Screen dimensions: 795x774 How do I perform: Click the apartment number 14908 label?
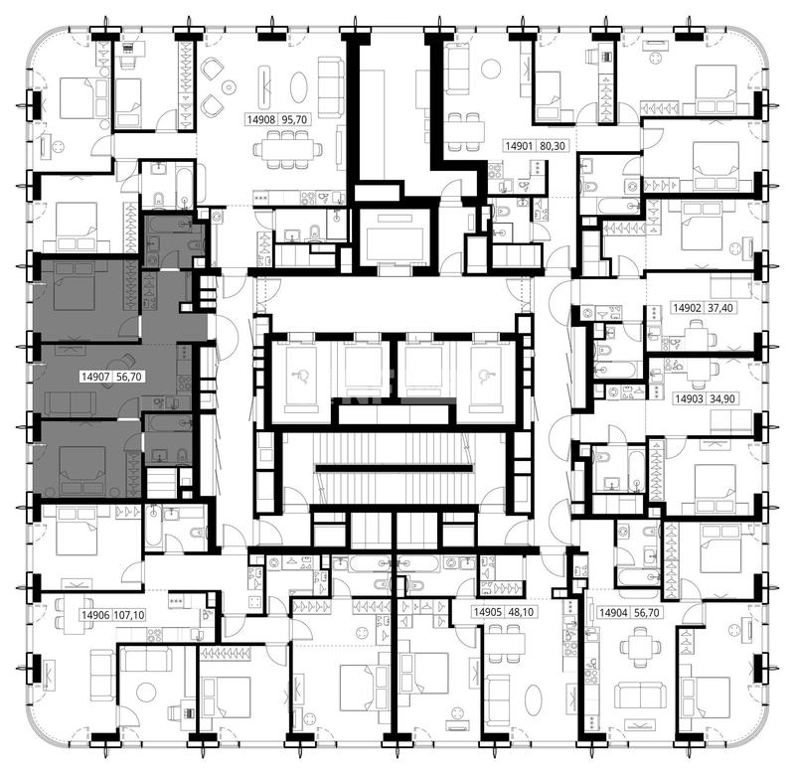261,120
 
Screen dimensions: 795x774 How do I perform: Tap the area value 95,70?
294,120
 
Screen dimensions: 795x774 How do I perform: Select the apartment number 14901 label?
519,146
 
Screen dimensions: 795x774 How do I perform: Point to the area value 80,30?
552,146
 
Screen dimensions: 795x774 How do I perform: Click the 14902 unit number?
687,308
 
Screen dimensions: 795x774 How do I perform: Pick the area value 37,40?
719,308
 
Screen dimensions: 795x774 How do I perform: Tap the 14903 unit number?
689,398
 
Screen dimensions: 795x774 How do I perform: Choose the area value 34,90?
722,398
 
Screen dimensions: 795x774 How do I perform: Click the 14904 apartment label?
613,613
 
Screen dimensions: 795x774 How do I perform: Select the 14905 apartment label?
487,612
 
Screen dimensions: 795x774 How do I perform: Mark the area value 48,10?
521,612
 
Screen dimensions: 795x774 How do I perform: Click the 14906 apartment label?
95,615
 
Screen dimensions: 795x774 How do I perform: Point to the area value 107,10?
130,615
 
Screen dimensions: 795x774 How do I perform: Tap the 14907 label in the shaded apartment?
95,377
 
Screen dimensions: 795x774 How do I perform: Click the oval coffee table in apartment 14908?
299,87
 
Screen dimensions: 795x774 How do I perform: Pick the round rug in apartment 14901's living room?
491,69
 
